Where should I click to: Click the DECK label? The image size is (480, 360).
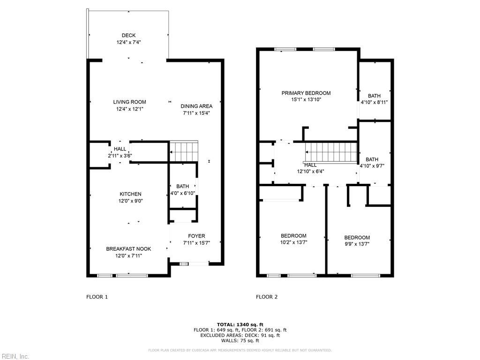[x=129, y=35]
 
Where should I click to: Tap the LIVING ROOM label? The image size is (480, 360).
[x=129, y=102]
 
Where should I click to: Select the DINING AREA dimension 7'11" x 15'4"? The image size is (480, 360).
[x=197, y=113]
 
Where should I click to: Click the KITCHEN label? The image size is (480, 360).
[x=130, y=194]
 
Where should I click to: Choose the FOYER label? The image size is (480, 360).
[x=196, y=236]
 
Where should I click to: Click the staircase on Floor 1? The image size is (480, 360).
[x=184, y=151]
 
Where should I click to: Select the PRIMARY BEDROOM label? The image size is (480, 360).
[x=306, y=93]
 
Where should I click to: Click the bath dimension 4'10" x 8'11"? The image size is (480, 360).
[x=374, y=102]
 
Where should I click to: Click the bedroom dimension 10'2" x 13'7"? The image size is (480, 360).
[x=293, y=242]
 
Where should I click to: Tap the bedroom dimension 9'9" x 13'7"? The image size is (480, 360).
[x=357, y=244]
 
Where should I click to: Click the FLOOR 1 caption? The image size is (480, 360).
[x=97, y=297]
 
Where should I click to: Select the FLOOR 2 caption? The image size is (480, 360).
[x=267, y=297]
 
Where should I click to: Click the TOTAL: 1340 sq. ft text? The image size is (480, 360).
[x=240, y=324]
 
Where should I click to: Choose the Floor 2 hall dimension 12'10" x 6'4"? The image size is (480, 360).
[x=310, y=171]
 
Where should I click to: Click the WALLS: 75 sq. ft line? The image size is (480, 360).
[x=240, y=341]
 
